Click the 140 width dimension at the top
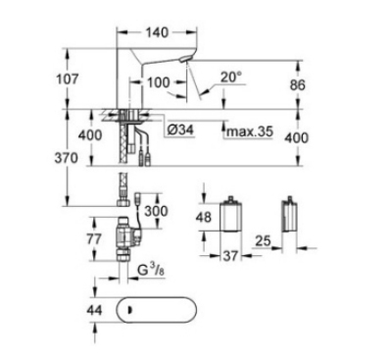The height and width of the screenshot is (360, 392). [x=157, y=32]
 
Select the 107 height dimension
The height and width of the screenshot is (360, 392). [x=68, y=78]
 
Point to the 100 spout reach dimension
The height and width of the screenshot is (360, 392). [x=159, y=82]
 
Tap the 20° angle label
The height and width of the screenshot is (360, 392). [x=231, y=77]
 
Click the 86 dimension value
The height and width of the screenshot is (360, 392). [x=297, y=85]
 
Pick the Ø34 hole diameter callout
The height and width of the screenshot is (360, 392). [x=180, y=129]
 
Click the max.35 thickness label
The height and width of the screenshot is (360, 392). [x=250, y=131]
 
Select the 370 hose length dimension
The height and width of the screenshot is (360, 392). [x=67, y=158]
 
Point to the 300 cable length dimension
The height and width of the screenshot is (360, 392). [x=156, y=211]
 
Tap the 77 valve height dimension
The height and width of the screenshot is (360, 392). [x=94, y=239]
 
